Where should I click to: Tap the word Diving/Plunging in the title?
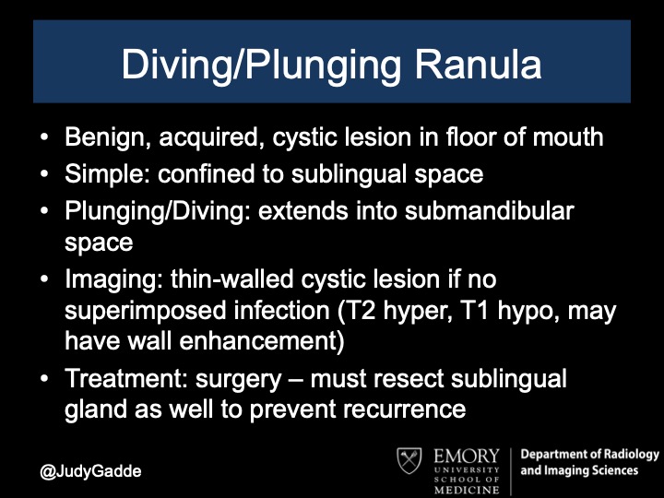click(x=250, y=66)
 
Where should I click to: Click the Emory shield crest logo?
click(x=409, y=463)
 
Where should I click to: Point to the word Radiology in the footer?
click(x=628, y=455)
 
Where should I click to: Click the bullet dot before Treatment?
click(x=45, y=378)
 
